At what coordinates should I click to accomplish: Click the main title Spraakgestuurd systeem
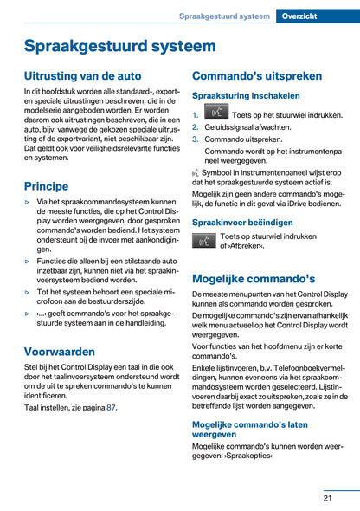pos(119,46)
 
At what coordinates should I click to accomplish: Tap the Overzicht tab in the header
pos(318,16)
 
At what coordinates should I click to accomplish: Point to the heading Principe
pos(46,185)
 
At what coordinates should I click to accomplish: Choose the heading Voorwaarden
pos(60,352)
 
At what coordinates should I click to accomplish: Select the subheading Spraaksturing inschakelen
pos(246,96)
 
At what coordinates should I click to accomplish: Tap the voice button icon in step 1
pos(216,112)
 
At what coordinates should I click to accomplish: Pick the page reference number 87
pos(111,407)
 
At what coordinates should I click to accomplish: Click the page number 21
pos(329,497)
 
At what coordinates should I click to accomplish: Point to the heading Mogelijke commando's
pos(254,279)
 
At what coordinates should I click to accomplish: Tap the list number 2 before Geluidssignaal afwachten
pos(196,126)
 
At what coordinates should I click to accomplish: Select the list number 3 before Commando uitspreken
pos(196,139)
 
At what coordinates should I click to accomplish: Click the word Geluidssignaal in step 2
pos(231,126)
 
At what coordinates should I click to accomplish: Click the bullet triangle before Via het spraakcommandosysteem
pos(28,203)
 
